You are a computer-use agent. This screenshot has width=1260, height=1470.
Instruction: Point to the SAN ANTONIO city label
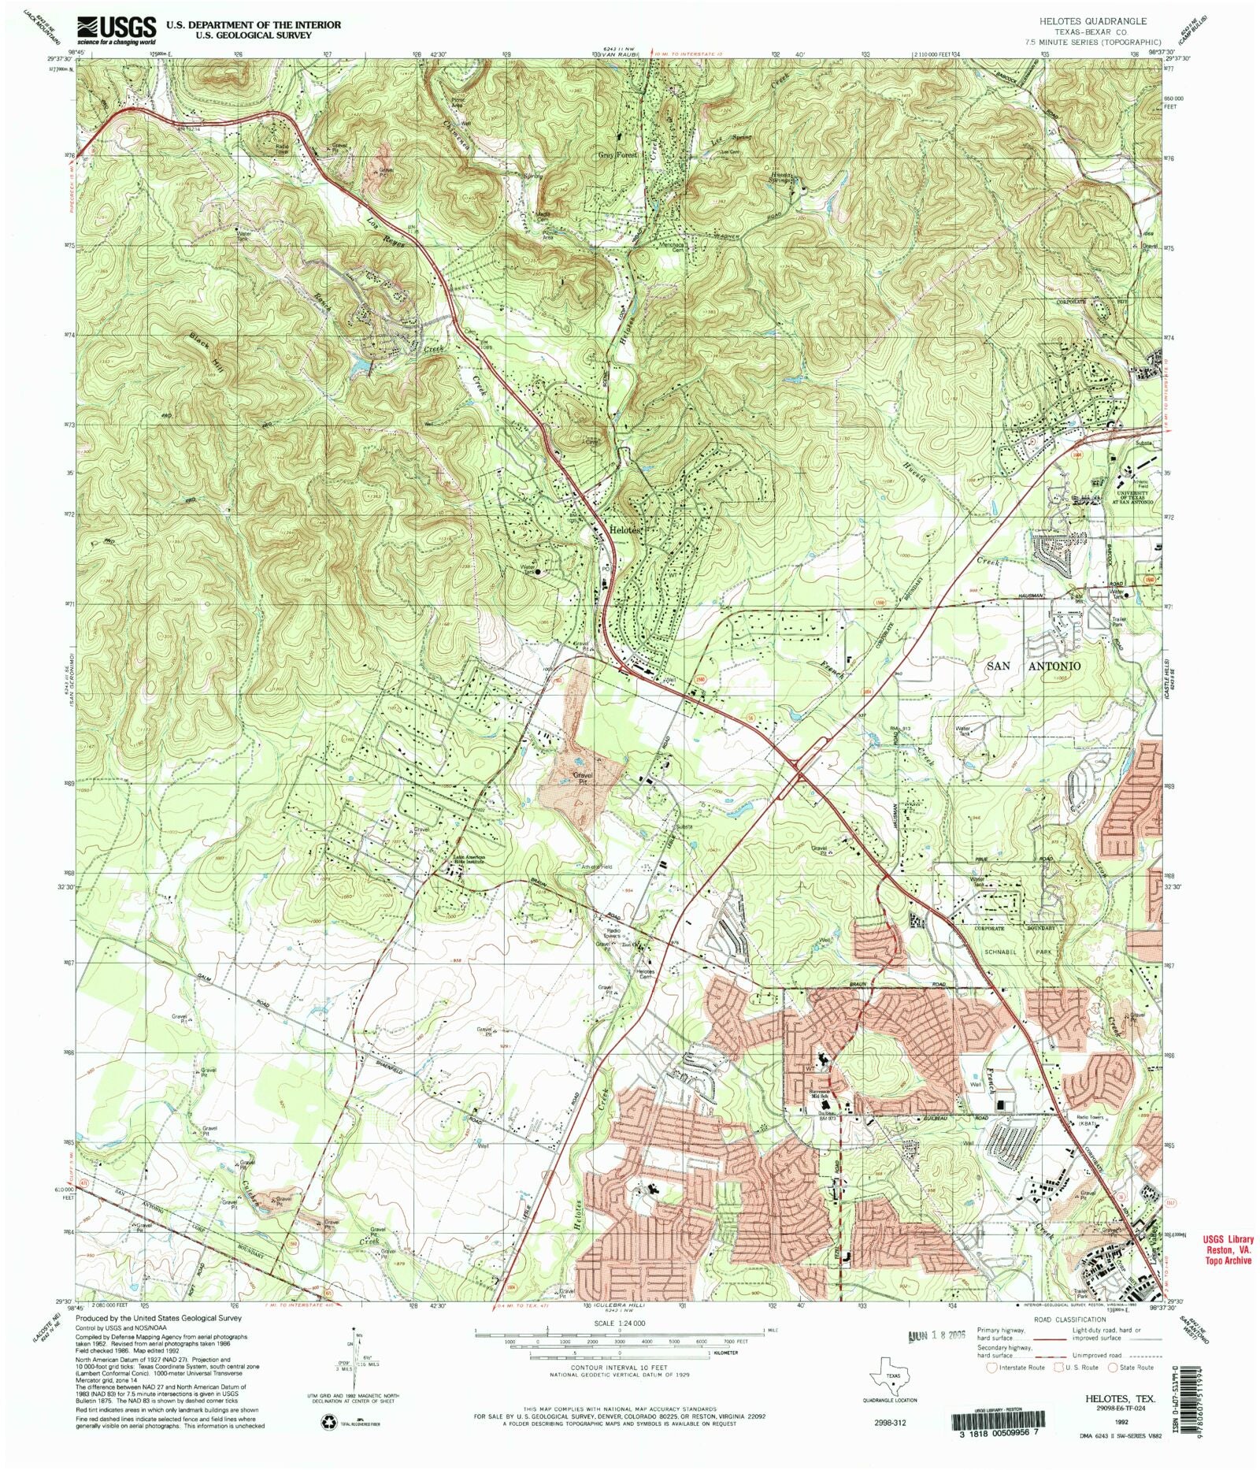[x=1032, y=666]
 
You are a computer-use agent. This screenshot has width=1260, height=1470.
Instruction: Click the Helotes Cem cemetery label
[x=645, y=974]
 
